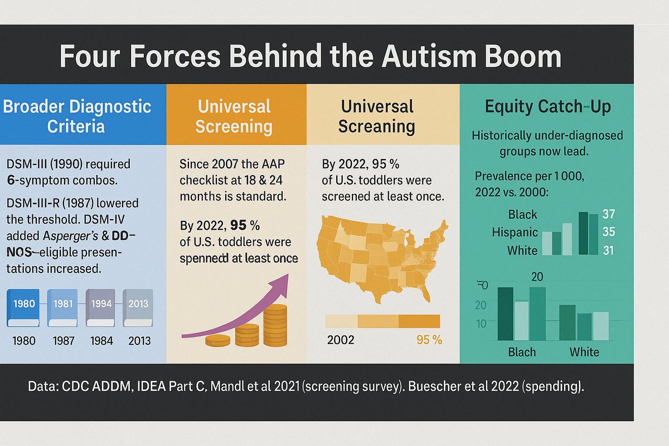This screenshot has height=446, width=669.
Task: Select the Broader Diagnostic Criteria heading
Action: pos(77,115)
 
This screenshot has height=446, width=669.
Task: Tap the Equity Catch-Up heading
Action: pos(547,106)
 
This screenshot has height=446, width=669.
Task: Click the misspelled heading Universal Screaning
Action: pos(377,116)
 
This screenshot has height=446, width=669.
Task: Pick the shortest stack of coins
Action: pos(217,341)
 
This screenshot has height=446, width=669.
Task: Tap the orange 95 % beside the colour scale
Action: pos(429,340)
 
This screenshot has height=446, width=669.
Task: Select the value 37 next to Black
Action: pos(609,214)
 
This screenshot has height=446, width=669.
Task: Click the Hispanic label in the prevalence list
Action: pos(514,232)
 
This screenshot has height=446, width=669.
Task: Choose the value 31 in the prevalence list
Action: pos(608,251)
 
